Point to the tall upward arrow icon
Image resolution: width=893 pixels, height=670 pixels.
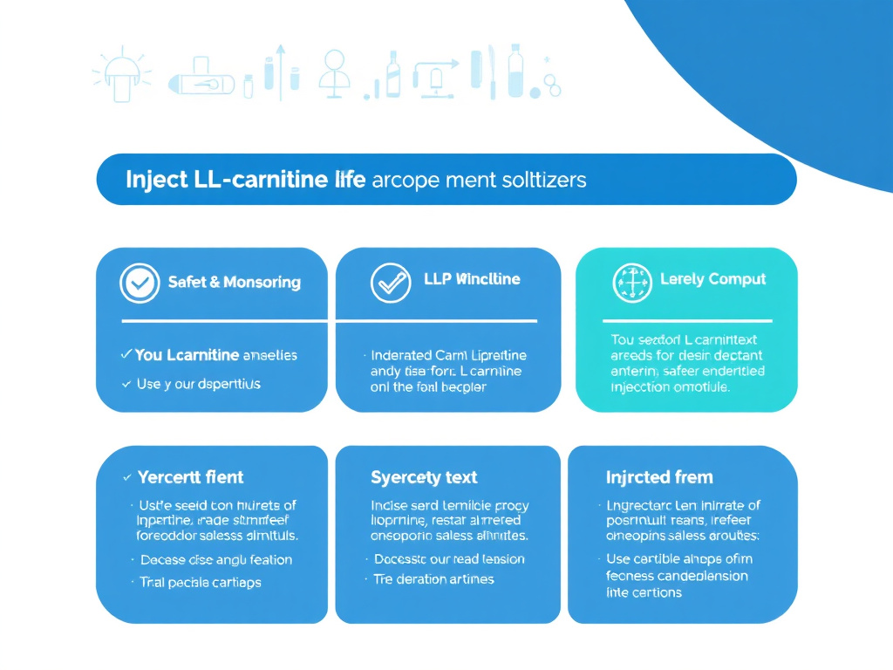280,72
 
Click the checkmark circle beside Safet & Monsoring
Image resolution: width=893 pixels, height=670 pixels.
138,283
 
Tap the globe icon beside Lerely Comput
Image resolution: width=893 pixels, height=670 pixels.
632,283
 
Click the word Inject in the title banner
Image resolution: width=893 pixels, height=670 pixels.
156,180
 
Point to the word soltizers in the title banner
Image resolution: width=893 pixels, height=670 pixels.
544,180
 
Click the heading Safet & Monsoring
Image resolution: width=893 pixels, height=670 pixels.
235,282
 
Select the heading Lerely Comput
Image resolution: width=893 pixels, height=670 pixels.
712,279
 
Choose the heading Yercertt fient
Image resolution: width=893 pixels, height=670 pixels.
190,477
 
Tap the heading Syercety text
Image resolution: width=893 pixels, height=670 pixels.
424,477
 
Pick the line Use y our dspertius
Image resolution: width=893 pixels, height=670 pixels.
198,383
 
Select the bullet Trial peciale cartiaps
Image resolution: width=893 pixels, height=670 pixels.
200,582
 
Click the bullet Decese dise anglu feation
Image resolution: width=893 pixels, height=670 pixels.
215,559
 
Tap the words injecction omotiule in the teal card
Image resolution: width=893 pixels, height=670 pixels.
670,386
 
